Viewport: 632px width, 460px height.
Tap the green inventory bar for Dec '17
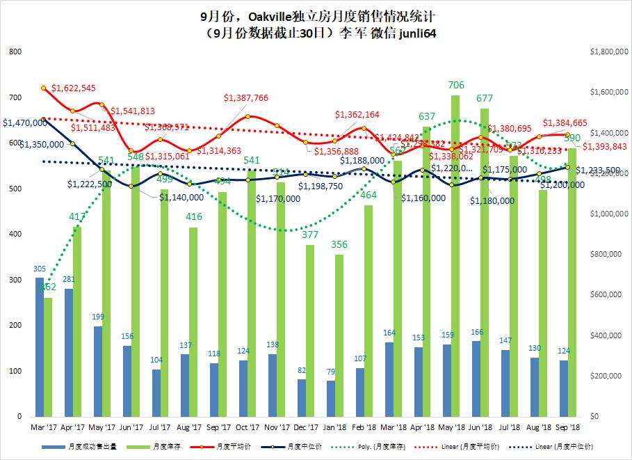coord(310,330)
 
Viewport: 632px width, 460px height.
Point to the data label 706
coord(455,85)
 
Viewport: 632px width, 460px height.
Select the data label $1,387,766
coord(246,98)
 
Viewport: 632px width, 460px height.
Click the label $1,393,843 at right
coord(604,146)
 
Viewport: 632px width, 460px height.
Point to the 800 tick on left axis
coord(15,51)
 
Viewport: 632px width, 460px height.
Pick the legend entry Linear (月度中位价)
coord(572,445)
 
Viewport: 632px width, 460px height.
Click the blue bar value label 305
coord(40,269)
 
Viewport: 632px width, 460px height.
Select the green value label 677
coord(485,98)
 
